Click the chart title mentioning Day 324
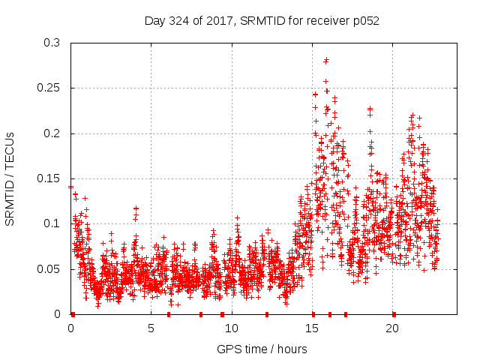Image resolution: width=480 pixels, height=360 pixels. [x=262, y=21]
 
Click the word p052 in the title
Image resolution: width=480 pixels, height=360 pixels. [x=364, y=21]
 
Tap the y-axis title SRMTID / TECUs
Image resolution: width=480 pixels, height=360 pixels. [x=10, y=178]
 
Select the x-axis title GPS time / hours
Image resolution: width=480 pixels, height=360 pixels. [x=262, y=349]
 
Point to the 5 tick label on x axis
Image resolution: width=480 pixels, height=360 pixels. [x=151, y=328]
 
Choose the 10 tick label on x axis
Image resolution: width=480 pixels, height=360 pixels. [x=232, y=328]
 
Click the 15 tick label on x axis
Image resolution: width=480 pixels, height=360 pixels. [x=312, y=328]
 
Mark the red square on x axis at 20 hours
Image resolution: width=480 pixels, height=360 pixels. [x=394, y=314]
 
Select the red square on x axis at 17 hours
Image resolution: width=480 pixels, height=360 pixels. [x=346, y=314]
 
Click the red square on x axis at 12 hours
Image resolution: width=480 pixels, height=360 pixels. [x=267, y=314]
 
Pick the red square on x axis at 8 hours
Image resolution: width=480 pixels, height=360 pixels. [x=201, y=314]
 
